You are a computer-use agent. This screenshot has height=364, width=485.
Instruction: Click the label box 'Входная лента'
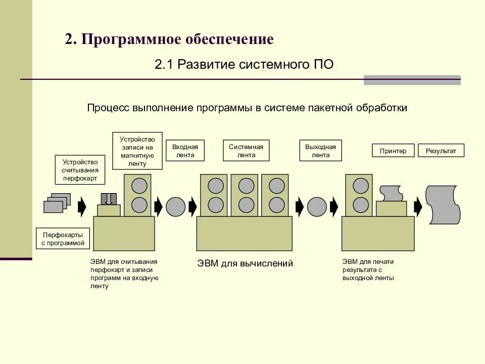pyautogui.click(x=185, y=151)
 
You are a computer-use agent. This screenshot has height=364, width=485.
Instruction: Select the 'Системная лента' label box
pyautogui.click(x=246, y=151)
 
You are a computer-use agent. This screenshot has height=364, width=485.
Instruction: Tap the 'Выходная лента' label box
pyautogui.click(x=320, y=151)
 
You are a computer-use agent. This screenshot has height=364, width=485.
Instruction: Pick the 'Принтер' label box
pyautogui.click(x=393, y=151)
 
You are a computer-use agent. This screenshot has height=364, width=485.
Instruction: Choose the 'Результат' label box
pyautogui.click(x=441, y=151)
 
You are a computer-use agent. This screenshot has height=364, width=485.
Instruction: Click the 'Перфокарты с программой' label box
pyautogui.click(x=63, y=239)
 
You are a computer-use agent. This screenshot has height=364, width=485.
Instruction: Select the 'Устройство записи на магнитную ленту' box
pyautogui.click(x=137, y=151)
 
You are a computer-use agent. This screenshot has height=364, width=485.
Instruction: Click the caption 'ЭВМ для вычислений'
pyautogui.click(x=245, y=263)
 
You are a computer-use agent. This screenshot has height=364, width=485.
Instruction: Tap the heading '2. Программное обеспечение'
pyautogui.click(x=169, y=39)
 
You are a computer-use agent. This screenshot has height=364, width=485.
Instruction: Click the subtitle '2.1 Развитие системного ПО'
pyautogui.click(x=244, y=65)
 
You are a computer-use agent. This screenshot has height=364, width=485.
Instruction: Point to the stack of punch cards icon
pyautogui.click(x=56, y=204)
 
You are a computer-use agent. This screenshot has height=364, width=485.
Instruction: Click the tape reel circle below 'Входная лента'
pyautogui.click(x=176, y=206)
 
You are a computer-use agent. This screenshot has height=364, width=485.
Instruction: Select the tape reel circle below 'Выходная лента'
pyautogui.click(x=317, y=206)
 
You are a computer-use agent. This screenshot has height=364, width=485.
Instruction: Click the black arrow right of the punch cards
pyautogui.click(x=82, y=206)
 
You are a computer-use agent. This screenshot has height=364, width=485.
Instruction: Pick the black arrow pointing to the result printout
pyautogui.click(x=418, y=206)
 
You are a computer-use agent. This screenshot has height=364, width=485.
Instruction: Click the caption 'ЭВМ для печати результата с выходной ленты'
pyautogui.click(x=368, y=269)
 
